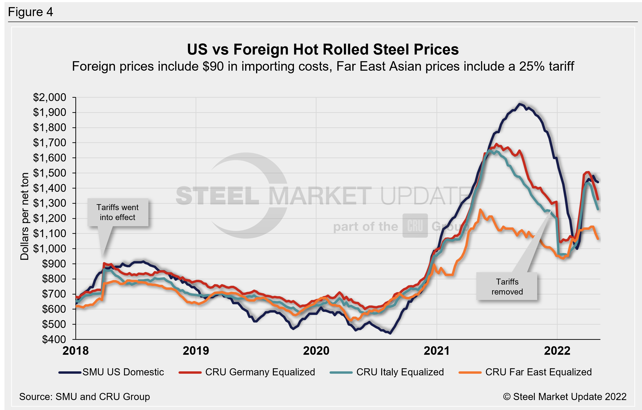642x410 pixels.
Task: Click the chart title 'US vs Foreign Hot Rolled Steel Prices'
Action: pos(323,50)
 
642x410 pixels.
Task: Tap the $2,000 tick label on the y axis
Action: pos(50,97)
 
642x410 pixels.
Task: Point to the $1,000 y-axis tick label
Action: pos(50,249)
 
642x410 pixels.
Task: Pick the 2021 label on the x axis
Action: pos(436,350)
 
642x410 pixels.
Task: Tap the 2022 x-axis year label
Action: pos(557,350)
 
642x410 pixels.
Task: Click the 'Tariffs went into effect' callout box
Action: pos(118,212)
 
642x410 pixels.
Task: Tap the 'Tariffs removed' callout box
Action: pos(507,286)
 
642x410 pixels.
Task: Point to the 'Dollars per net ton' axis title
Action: pos(24,216)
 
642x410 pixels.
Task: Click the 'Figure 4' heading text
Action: pos(30,12)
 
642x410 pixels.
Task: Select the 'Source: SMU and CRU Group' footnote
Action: pos(84,397)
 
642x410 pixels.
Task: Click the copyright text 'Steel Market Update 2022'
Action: pos(565,397)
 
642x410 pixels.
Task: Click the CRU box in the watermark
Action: pos(415,226)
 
